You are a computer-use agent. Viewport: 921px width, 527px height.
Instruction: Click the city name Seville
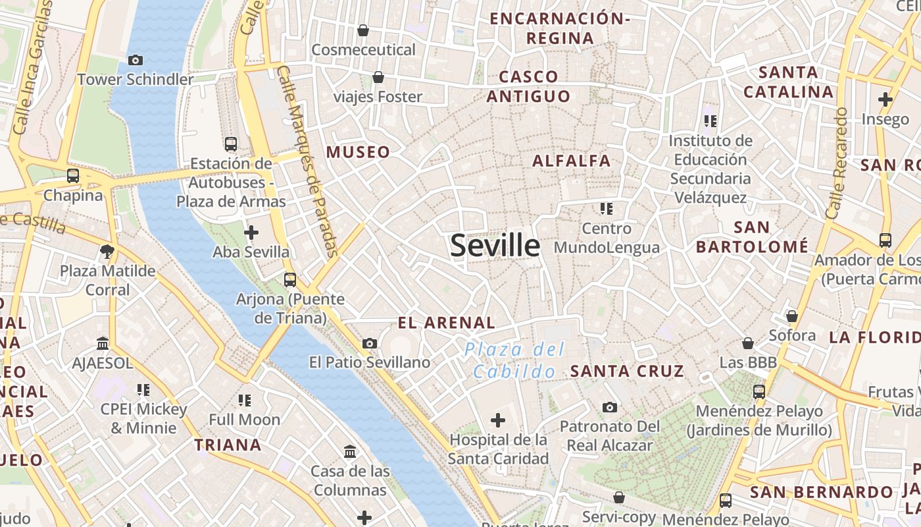coord(495,246)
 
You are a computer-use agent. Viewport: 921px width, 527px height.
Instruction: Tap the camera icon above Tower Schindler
coord(136,61)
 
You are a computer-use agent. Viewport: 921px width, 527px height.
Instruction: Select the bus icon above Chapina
coord(73,177)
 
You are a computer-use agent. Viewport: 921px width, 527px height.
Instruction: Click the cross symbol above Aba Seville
coord(251,233)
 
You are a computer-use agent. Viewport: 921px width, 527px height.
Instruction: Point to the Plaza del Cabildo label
coord(514,360)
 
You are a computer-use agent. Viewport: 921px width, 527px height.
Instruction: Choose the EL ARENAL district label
coord(446,323)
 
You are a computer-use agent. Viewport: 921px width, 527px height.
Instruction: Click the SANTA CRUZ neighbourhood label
coord(627,371)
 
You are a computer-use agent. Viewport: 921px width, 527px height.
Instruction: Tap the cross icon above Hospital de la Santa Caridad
coord(498,420)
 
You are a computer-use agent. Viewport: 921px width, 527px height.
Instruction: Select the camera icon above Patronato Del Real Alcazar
coord(610,407)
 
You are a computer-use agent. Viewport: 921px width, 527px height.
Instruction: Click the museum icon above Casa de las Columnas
coord(350,452)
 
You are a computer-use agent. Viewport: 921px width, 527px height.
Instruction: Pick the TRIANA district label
coord(228,445)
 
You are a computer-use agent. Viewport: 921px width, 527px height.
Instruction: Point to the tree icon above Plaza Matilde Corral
coord(107,251)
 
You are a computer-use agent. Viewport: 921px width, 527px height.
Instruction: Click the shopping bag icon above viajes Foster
coord(378,78)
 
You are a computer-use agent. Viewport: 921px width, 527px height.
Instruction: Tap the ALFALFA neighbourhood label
coord(571,161)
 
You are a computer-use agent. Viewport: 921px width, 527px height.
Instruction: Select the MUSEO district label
coord(358,152)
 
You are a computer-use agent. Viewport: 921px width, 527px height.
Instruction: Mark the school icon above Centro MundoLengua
coord(606,209)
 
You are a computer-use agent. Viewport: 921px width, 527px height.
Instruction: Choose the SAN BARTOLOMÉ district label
coord(752,237)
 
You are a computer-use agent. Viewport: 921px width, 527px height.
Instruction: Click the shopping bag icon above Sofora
coord(792,316)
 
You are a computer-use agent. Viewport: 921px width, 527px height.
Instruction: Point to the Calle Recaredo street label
coord(837,163)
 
